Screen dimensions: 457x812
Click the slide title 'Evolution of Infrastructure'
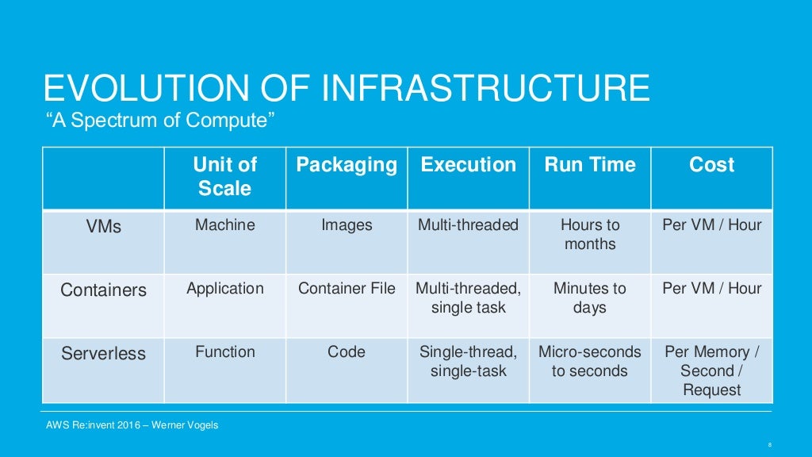point(347,87)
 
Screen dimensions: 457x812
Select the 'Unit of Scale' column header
point(224,176)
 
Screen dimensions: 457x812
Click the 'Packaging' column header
point(347,165)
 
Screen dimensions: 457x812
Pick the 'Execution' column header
point(468,165)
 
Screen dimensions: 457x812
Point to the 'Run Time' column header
point(590,165)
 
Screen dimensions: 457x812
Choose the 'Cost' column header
point(711,165)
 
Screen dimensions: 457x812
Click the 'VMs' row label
point(104,226)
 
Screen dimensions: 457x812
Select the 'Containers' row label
point(104,290)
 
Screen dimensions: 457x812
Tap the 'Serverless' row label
point(104,353)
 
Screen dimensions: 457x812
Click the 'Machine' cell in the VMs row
point(225,225)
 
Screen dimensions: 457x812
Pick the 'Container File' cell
point(347,289)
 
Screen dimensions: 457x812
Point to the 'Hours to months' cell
point(590,234)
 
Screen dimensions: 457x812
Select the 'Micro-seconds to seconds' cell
point(590,361)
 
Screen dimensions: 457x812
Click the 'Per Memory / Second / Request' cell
point(711,371)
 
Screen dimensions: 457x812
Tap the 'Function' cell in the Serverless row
point(225,351)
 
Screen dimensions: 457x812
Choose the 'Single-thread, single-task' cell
point(468,361)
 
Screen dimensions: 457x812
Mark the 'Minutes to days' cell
point(590,298)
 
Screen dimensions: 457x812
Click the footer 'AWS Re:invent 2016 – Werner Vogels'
point(132,425)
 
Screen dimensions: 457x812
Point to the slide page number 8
point(770,444)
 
